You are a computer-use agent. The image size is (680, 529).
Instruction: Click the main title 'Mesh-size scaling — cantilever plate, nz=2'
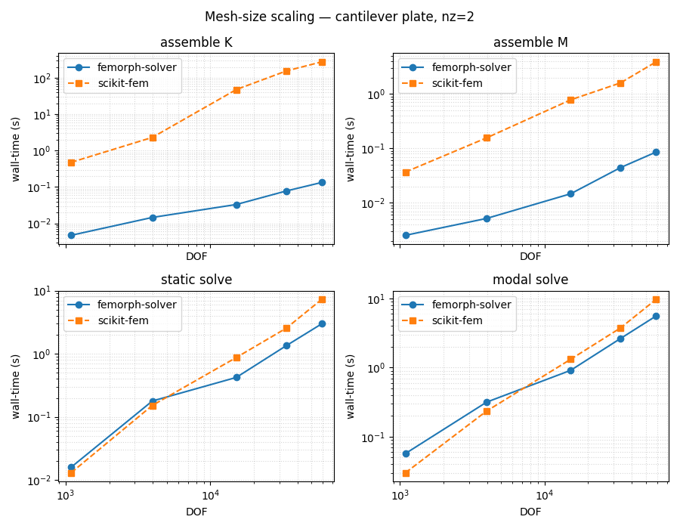339,17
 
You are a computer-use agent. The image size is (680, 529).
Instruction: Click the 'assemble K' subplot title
196,42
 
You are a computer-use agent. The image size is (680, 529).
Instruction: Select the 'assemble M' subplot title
530,42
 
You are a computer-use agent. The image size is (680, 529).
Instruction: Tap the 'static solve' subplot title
196,280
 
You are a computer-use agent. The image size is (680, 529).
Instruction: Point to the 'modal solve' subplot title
530,280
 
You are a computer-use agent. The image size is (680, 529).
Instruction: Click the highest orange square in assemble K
322,62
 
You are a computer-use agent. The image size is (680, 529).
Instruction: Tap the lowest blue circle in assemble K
71,235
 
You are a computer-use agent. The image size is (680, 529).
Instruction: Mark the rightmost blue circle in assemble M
656,152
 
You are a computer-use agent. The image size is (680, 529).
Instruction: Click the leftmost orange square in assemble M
406,172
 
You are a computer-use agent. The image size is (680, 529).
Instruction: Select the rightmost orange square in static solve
322,299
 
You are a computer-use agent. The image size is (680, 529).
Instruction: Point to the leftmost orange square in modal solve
406,473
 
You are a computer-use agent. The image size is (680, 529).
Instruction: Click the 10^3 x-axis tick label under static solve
66,495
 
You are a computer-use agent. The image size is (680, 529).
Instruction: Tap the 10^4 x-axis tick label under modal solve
544,495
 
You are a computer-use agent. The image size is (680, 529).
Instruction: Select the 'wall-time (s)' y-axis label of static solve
17,385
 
